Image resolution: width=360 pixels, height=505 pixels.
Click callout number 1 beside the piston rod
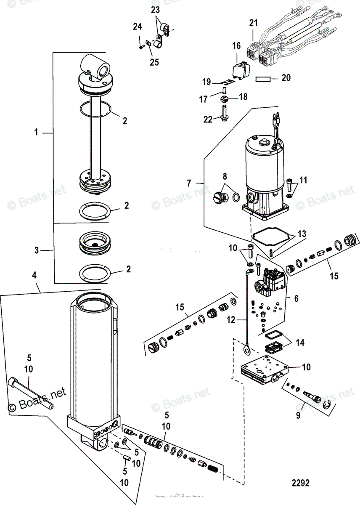coord(37,133)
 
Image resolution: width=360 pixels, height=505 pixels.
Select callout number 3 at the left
coord(37,251)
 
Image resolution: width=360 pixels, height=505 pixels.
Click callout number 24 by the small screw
coord(138,27)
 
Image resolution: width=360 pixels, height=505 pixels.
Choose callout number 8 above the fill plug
coord(224,177)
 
